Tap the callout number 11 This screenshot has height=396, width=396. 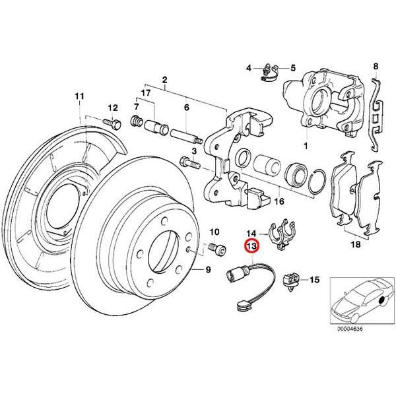(80, 97)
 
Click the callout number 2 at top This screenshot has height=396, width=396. (164, 80)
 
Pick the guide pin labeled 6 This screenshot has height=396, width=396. (187, 137)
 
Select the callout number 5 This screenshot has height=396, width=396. (294, 68)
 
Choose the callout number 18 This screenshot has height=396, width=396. (355, 245)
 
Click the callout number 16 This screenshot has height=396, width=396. (279, 202)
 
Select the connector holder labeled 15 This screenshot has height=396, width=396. (291, 280)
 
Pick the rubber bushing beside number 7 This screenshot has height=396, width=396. (137, 121)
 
